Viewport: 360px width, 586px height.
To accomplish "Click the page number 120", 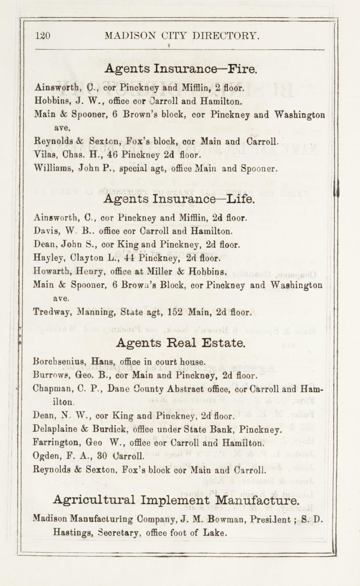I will pos(43,36).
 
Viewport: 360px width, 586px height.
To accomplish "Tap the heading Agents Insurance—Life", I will pos(180,199).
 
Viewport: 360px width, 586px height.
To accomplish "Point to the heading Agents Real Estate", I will pos(180,342).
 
